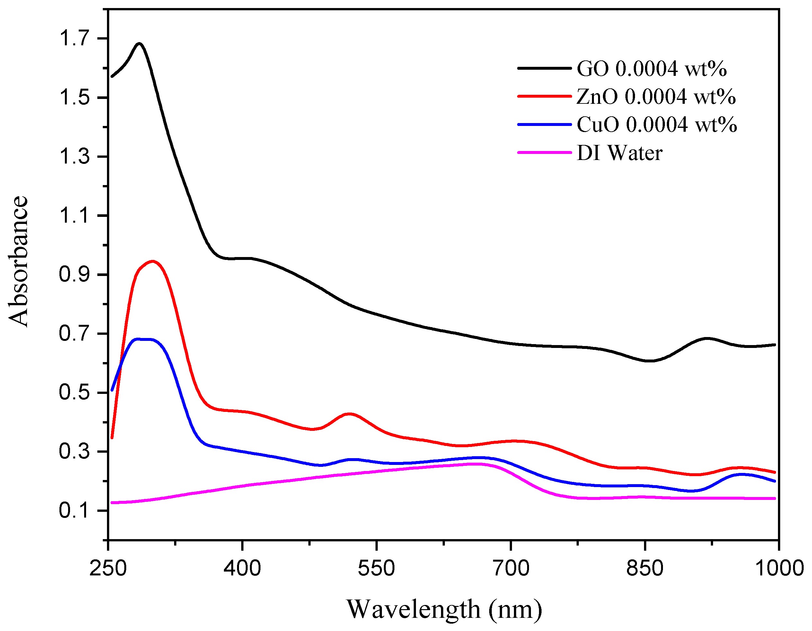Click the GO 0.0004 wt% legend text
[651, 69]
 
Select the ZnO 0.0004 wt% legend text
[656, 97]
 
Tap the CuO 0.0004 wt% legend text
[657, 125]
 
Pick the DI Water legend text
[619, 153]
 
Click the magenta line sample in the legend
[544, 153]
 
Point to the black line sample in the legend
[544, 68]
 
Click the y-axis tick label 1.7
[75, 38]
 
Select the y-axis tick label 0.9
[75, 274]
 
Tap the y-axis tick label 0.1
[75, 511]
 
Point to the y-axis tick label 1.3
[75, 156]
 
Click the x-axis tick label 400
[242, 568]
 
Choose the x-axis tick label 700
[511, 568]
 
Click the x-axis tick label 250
[108, 568]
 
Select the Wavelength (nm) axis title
[444, 609]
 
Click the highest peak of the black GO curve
[139, 43]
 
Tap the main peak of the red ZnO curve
[153, 262]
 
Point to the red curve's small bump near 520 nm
[349, 414]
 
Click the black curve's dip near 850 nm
[649, 361]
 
